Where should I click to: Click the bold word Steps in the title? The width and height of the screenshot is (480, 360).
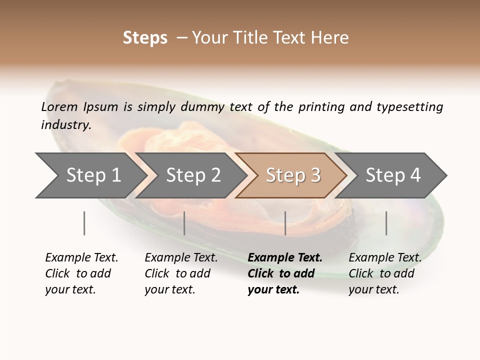145,38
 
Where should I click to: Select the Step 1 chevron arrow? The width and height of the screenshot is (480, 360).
90,175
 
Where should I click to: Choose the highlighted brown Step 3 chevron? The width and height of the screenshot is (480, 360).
292,175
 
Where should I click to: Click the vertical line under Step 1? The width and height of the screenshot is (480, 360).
84,223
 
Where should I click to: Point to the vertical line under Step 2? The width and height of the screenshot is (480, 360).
184,223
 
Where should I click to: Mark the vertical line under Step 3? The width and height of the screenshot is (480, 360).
285,223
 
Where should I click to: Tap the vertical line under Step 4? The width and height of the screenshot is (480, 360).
386,223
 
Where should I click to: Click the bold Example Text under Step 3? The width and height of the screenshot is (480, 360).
285,273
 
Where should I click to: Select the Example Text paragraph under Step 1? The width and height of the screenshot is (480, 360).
81,273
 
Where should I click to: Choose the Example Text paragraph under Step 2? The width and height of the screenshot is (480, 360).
181,273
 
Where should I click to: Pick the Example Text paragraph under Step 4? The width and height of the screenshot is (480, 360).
385,273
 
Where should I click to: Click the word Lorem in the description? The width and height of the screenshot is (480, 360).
59,107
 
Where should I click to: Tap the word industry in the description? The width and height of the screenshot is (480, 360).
66,125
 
